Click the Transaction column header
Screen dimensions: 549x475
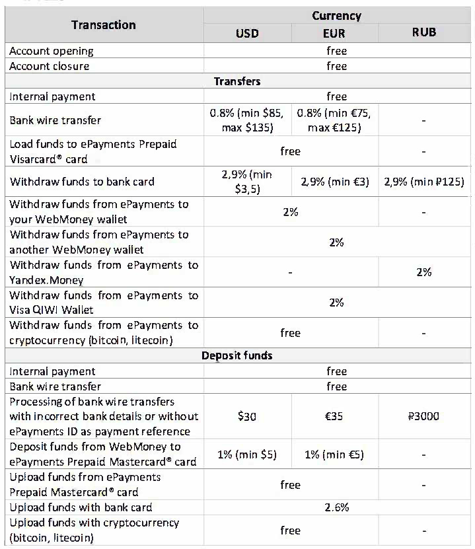(x=104, y=25)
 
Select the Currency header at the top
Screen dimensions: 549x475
(x=336, y=16)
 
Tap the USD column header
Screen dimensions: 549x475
(x=247, y=33)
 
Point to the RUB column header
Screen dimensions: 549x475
(x=423, y=32)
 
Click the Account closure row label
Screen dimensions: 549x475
(x=50, y=66)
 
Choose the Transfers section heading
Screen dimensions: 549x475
(x=237, y=81)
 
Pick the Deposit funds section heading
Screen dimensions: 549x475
(x=237, y=355)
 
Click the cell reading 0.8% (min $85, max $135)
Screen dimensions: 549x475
(x=247, y=120)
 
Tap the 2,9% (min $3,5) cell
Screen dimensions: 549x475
(x=247, y=182)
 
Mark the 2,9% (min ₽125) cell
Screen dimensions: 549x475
(x=423, y=182)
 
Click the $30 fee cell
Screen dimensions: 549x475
(x=247, y=416)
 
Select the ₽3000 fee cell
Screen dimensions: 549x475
(x=423, y=416)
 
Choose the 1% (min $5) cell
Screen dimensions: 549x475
(x=247, y=455)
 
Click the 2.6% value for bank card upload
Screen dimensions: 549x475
(x=336, y=507)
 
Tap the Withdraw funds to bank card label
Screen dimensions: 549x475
(x=82, y=182)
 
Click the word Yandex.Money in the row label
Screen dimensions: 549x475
(x=46, y=279)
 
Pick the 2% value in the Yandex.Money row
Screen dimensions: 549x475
(x=423, y=272)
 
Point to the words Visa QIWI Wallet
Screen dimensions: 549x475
(x=52, y=310)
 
